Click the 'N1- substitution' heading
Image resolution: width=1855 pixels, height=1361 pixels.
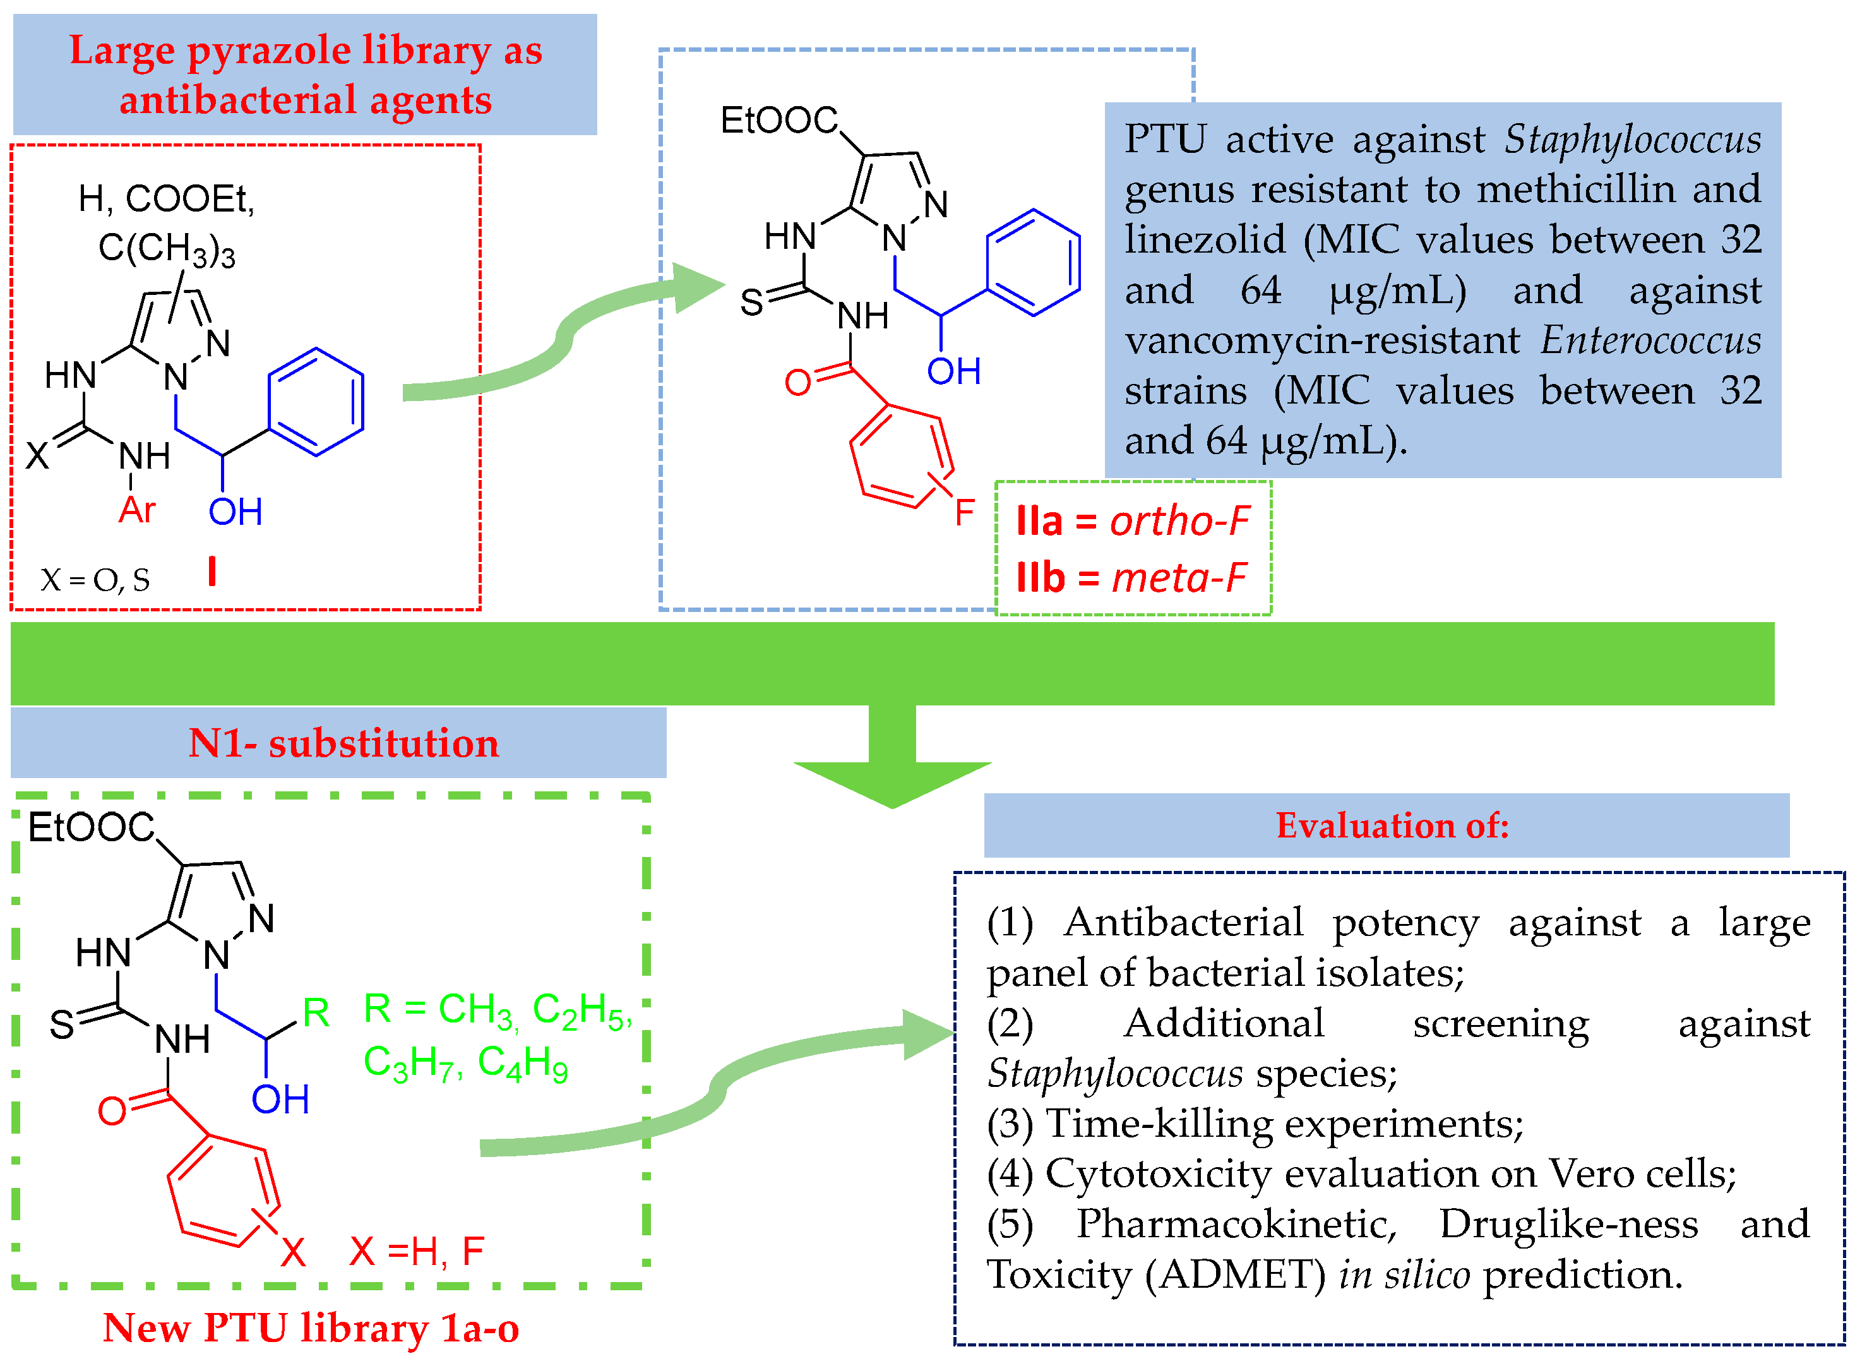(x=343, y=743)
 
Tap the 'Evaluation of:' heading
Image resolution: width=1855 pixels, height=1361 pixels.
(x=1392, y=825)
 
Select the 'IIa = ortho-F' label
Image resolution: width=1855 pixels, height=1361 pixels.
(x=1133, y=522)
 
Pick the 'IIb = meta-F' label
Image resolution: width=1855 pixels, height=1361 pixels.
(x=1131, y=577)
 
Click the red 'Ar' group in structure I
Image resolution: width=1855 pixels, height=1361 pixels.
(x=137, y=510)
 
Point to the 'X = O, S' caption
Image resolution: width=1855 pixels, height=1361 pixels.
(x=95, y=580)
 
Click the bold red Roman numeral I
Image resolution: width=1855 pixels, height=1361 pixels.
(x=213, y=571)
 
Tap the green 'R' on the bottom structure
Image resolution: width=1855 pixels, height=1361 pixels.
(x=316, y=1012)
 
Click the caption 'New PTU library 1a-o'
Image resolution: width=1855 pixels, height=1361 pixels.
(x=311, y=1328)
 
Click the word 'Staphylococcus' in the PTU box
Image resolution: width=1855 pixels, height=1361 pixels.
(x=1633, y=139)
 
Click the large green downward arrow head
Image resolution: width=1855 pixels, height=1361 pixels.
(x=892, y=782)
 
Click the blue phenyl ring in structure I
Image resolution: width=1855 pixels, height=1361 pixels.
(x=316, y=402)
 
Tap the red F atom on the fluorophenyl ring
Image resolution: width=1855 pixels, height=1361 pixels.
(x=965, y=512)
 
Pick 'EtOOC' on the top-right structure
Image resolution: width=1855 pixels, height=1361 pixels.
(x=779, y=120)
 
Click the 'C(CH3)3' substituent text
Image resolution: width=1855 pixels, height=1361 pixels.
(x=167, y=248)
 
